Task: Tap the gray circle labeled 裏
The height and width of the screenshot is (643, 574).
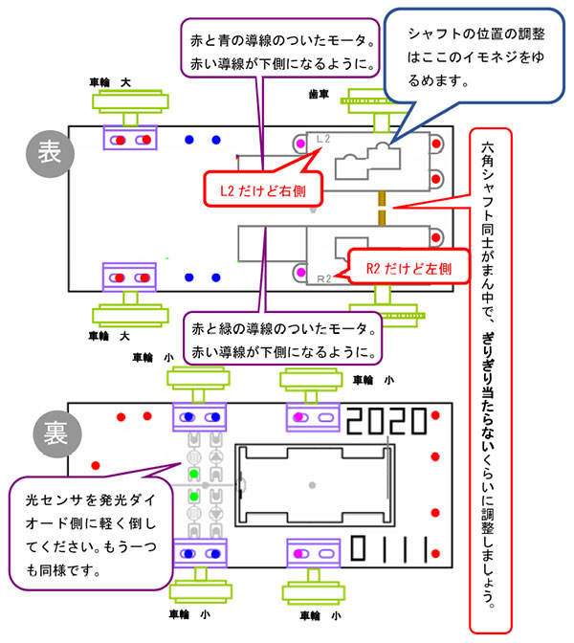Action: tap(52, 432)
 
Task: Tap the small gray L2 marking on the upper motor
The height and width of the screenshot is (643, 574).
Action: tap(322, 139)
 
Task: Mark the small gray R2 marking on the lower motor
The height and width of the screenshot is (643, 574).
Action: tap(322, 278)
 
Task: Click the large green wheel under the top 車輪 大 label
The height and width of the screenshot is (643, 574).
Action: tap(129, 100)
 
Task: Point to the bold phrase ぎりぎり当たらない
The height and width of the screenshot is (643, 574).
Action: tap(489, 382)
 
